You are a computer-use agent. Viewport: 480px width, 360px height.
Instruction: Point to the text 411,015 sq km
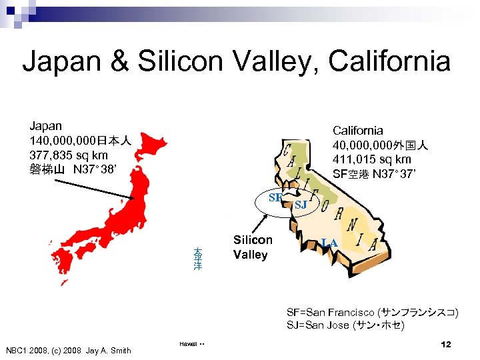(372, 159)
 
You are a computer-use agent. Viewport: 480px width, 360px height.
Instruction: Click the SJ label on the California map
(301, 205)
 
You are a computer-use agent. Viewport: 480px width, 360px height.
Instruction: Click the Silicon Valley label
(252, 247)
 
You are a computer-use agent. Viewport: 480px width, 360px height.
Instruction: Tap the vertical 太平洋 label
(198, 259)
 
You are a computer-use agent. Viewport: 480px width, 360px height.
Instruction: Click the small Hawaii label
(187, 344)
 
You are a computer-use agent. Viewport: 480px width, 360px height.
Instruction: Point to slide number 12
(446, 344)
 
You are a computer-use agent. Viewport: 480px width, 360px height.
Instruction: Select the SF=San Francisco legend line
(372, 312)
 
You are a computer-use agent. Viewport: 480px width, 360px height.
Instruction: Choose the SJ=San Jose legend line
(345, 326)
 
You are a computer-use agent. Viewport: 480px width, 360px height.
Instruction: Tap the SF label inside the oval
(275, 197)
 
